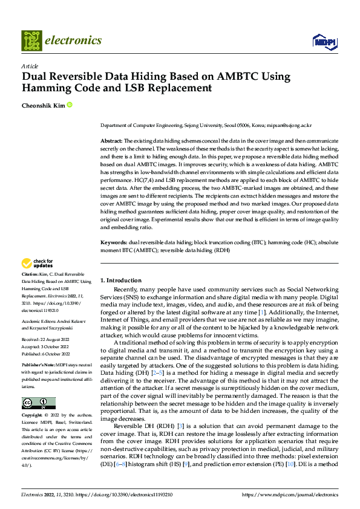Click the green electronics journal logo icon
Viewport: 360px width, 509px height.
coord(32,41)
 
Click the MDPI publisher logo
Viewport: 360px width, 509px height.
coord(324,41)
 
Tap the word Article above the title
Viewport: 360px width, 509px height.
coord(30,66)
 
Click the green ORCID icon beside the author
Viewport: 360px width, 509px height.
coord(70,105)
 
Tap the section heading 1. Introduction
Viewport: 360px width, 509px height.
coord(120,280)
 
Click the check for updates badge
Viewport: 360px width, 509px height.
coord(38,264)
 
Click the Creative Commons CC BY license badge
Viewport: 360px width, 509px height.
coord(38,403)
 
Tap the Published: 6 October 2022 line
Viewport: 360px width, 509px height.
coord(46,354)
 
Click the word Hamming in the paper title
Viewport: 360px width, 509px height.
coord(48,88)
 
